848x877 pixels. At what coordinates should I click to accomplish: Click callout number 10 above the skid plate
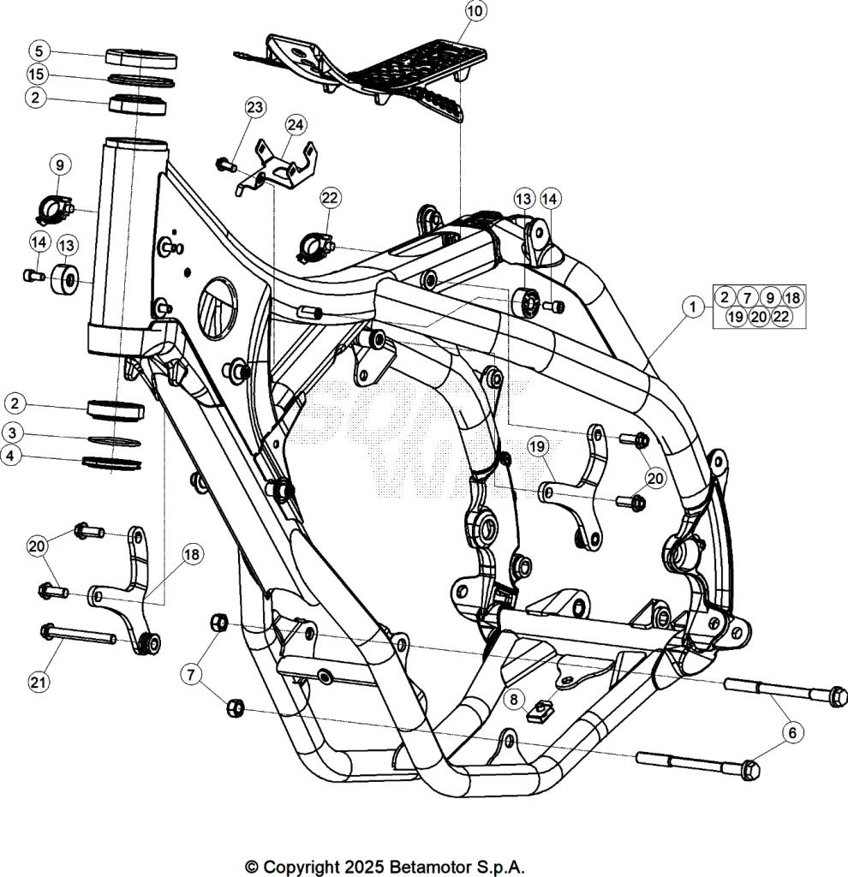point(475,11)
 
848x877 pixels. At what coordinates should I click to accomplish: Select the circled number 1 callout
point(693,305)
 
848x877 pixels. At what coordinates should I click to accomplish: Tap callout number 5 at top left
point(38,50)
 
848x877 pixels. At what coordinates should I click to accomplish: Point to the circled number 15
point(36,74)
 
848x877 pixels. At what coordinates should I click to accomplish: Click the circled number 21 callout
point(37,682)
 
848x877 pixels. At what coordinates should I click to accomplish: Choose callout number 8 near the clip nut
point(513,700)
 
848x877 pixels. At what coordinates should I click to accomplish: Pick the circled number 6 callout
point(792,732)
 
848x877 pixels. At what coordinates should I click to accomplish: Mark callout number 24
point(295,125)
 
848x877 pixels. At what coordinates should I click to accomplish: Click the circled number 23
point(254,107)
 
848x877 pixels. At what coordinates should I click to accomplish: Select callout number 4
point(10,456)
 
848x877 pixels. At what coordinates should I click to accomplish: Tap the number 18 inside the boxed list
point(791,297)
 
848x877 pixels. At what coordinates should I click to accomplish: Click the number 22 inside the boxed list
point(780,316)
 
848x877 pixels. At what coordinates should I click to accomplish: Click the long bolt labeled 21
point(81,635)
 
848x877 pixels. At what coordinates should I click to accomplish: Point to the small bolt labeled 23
point(227,164)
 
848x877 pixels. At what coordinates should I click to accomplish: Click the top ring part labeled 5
point(141,59)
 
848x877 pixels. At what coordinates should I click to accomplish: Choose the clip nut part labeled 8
point(538,712)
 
